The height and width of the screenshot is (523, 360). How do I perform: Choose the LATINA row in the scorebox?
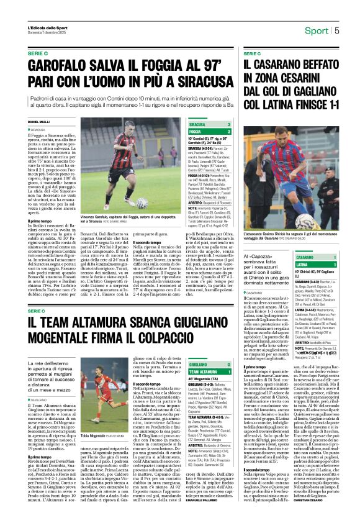pyautogui.click(x=305, y=264)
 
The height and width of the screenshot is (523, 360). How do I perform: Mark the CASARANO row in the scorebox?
pyautogui.click(x=305, y=257)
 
